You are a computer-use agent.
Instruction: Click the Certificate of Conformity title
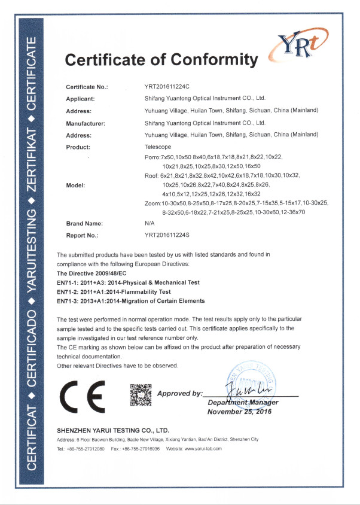coord(161,60)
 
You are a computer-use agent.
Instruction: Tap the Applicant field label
coord(80,99)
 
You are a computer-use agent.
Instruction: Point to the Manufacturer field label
coord(85,123)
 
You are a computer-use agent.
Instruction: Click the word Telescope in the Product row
coord(158,147)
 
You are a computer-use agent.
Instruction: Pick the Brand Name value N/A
coord(150,223)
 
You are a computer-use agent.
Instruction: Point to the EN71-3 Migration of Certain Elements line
coord(130,301)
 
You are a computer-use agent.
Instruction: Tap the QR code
coord(141,396)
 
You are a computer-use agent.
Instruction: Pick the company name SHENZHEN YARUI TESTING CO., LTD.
coord(113,430)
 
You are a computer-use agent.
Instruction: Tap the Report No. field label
coord(82,235)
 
